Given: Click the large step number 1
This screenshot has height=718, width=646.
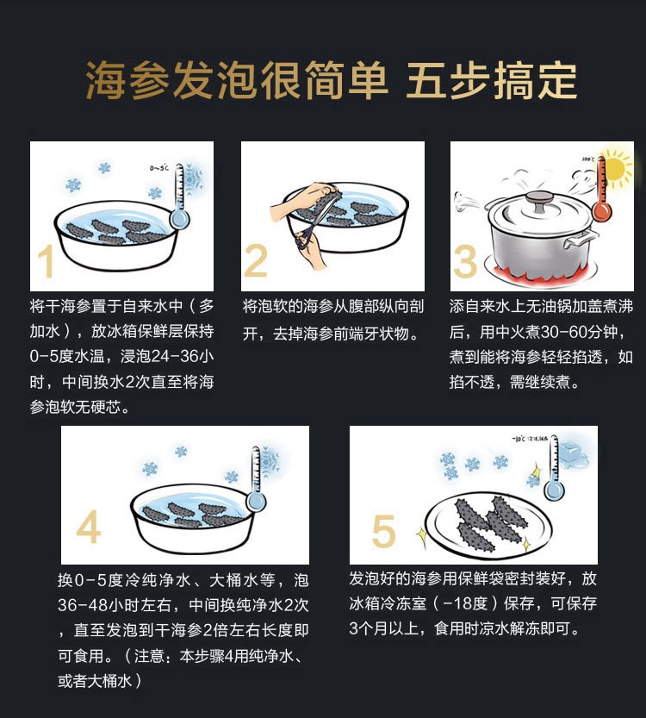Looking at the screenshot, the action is pos(46,261).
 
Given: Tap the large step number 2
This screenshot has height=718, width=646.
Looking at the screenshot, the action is pos(256,260).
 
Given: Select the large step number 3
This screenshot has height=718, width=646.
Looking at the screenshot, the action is pos(465,261).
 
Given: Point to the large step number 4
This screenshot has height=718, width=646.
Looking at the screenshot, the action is pos(89,527).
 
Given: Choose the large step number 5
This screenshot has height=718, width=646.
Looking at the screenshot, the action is pos(383,531).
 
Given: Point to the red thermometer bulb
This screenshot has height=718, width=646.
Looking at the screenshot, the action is pos(601,211).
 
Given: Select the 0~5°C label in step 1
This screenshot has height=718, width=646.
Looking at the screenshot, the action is pos(158,168).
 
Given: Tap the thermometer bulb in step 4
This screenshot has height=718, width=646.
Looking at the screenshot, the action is pos(256,502).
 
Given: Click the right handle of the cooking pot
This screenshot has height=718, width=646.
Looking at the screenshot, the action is pos(582,239).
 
